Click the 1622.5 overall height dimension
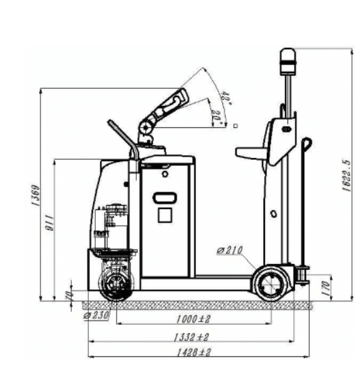347,176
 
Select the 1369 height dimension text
36,196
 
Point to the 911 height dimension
50,223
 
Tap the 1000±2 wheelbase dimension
194,319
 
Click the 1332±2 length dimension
192,337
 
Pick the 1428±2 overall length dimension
194,352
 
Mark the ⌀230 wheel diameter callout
97,316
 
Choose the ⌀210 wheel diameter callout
229,250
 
